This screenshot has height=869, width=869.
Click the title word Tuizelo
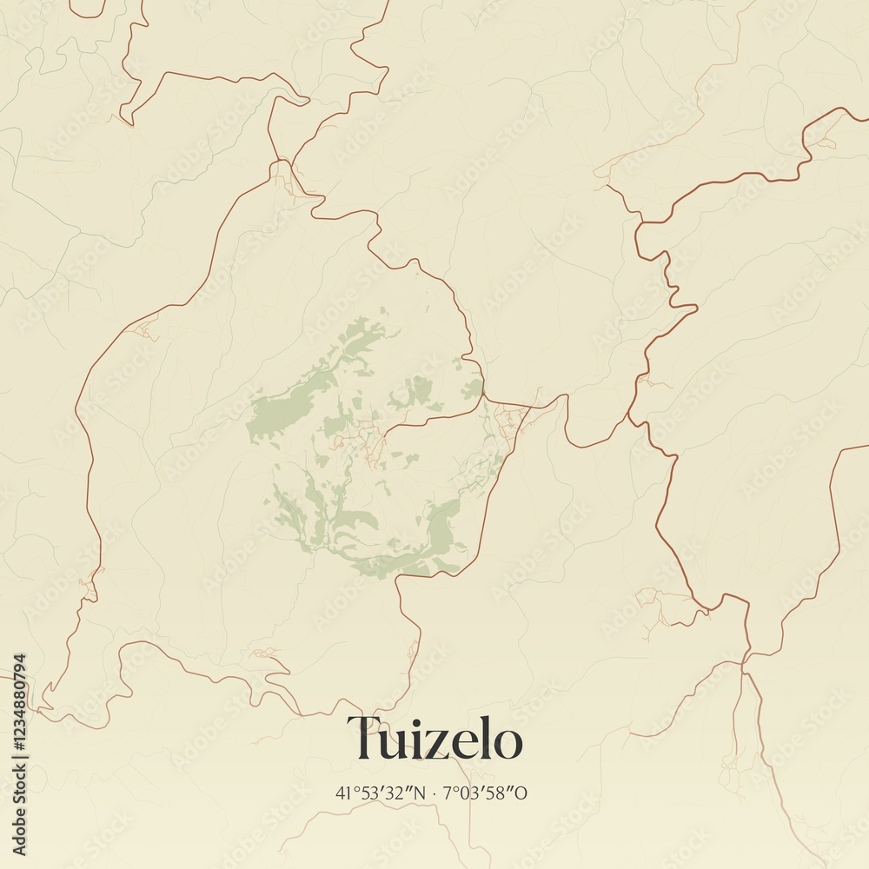435,740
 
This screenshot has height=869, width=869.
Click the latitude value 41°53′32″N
380,793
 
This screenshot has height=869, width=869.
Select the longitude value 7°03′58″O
485,793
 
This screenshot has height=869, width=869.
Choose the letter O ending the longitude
522,793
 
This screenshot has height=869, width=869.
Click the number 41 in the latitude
342,793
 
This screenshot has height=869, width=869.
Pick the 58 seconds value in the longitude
502,793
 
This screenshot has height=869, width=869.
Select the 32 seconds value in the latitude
399,793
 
